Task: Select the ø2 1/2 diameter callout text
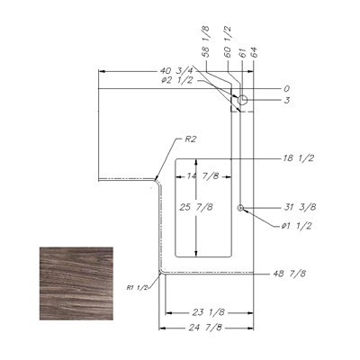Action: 176,81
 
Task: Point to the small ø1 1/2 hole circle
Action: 240,208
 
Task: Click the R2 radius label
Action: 189,139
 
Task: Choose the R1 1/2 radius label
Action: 137,287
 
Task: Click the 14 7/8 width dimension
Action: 202,176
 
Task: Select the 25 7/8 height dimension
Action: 196,207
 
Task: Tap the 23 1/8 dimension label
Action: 208,312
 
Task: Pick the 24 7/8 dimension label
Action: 205,328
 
